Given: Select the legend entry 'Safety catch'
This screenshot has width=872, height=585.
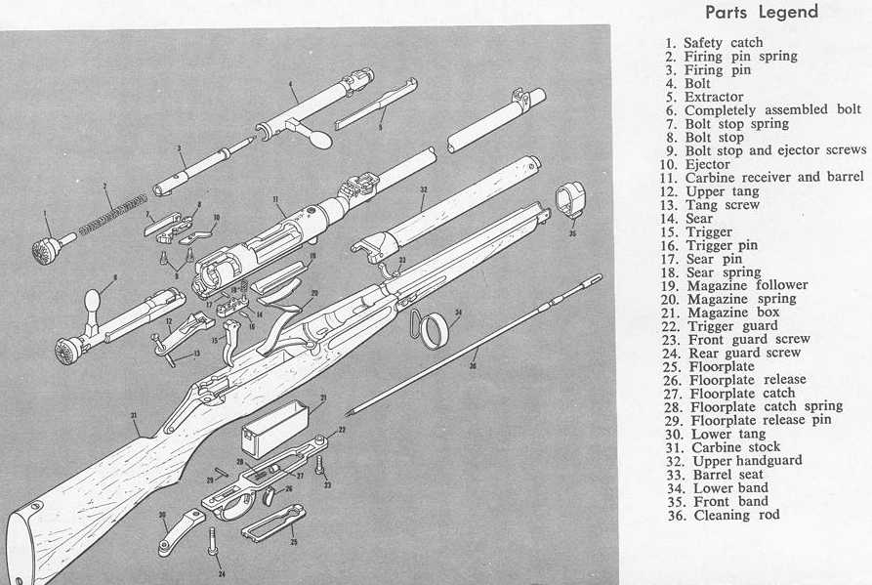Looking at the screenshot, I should pos(723,43).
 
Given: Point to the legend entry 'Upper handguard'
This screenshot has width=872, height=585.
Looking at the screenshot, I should pos(747,460).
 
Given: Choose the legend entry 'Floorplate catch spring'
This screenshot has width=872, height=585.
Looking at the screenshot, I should pos(766,406).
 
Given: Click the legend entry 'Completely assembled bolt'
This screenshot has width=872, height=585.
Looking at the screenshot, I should pos(771,110).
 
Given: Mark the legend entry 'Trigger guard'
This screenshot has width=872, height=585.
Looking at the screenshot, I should pos(733,325).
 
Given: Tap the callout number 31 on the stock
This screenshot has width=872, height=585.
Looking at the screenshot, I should pos(132,414).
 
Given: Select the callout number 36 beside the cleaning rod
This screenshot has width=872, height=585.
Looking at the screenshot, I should pos(475,366).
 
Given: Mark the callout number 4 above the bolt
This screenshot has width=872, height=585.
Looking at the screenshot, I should pos(291,85).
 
